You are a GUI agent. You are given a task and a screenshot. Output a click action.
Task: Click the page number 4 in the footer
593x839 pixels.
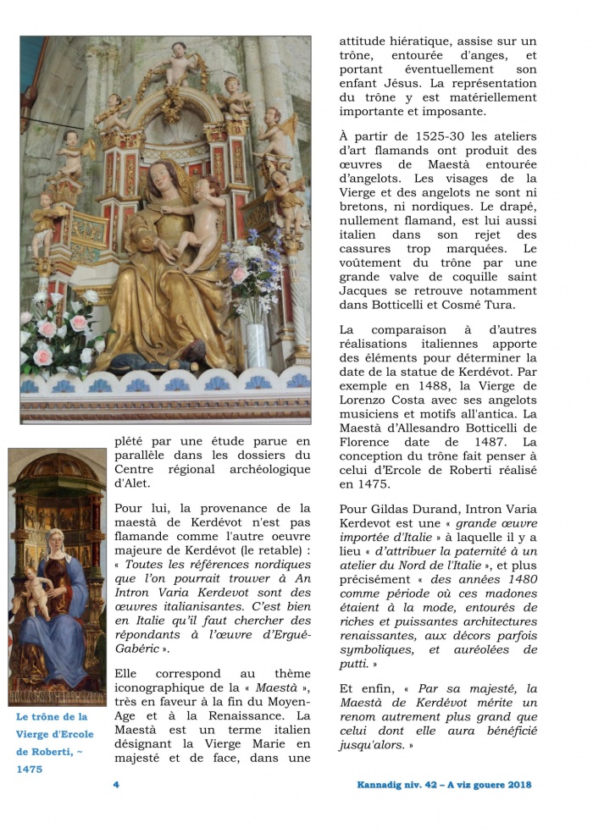click(116, 784)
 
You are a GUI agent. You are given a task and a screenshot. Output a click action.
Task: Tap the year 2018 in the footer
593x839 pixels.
click(514, 784)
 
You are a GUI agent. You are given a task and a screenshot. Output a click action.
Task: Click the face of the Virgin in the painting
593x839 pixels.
click(58, 544)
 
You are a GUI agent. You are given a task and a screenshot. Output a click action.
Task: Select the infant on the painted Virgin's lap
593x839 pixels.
click(33, 588)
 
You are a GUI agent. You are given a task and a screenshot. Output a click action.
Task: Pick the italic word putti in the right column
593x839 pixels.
click(356, 665)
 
